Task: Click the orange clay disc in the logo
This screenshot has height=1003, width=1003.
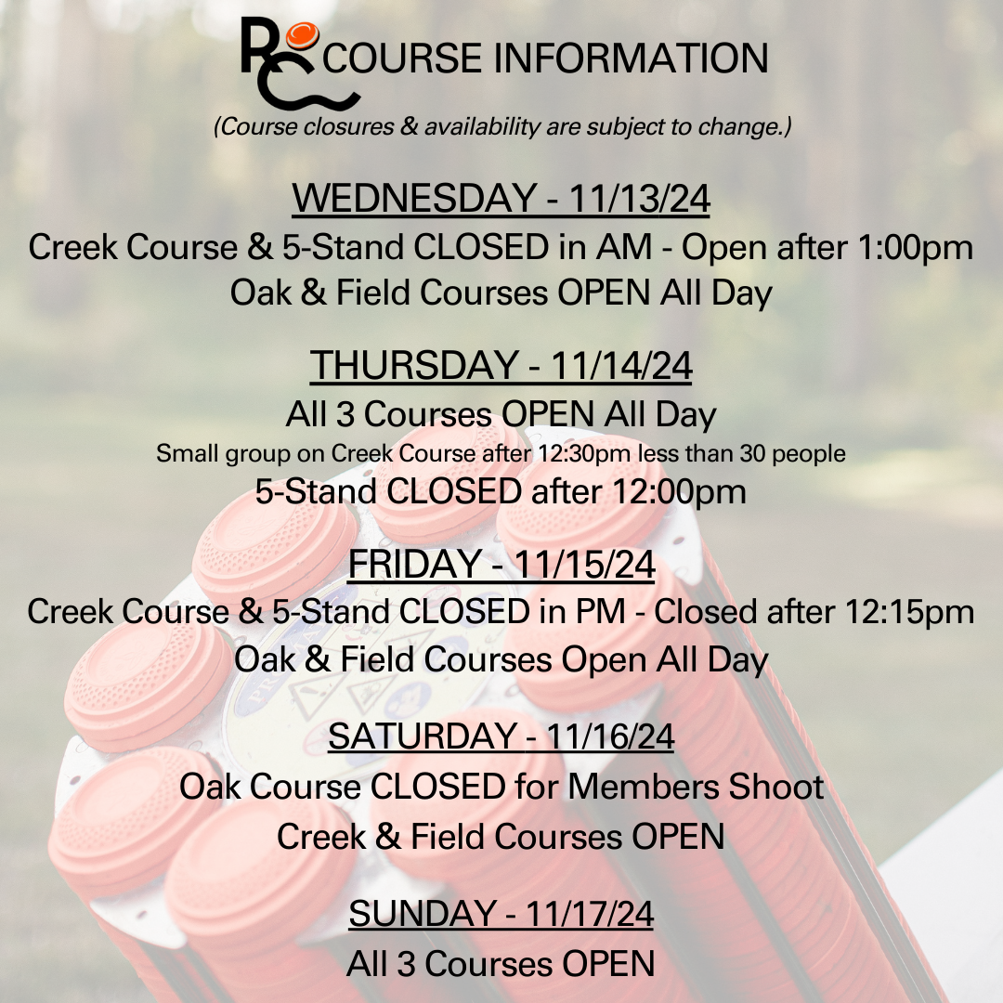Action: [302, 35]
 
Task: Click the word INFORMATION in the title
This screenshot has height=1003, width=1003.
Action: [630, 59]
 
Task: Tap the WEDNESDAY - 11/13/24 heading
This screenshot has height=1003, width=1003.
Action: [501, 198]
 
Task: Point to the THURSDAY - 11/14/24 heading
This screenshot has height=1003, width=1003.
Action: [501, 365]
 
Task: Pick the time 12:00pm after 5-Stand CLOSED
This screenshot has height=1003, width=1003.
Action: [679, 492]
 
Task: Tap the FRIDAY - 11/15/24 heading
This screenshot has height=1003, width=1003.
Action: [501, 565]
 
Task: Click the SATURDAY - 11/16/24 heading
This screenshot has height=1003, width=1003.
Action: [501, 736]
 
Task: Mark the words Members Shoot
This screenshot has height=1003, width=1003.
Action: [696, 787]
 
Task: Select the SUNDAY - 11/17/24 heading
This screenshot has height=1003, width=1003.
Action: [501, 914]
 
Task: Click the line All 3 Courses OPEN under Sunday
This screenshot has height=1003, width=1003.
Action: [501, 964]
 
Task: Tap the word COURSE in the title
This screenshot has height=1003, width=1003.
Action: [402, 59]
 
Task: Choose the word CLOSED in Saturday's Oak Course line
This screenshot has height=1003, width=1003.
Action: [437, 787]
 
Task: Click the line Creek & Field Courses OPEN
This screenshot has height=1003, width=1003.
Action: [501, 837]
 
